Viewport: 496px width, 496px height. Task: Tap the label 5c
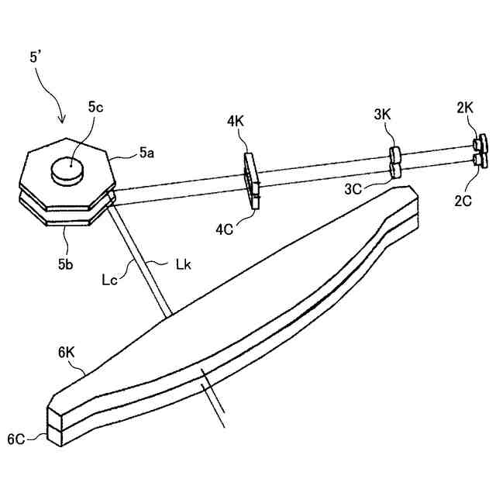click(95, 108)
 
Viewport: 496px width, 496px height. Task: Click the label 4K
click(236, 122)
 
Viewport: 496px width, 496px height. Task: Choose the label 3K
click(382, 115)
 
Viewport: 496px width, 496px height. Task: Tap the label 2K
click(464, 108)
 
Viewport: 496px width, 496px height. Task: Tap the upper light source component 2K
click(480, 143)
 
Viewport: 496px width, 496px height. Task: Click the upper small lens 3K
click(394, 153)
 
